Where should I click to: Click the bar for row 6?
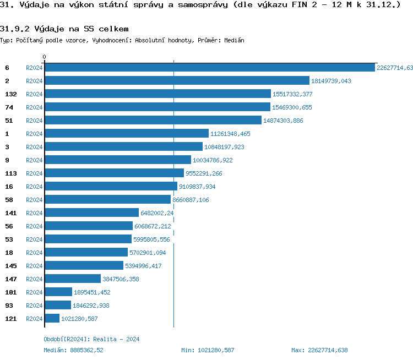click(209, 68)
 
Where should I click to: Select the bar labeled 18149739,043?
click(177, 81)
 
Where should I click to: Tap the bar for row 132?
click(157, 94)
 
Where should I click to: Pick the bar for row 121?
click(52, 318)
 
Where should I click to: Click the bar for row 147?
click(73, 279)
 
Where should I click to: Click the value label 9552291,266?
click(204, 173)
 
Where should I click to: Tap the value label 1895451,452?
click(92, 292)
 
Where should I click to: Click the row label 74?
click(8, 107)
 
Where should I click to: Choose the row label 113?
click(10, 173)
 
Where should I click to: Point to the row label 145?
click(10, 265)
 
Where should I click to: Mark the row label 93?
click(8, 305)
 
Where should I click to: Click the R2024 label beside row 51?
click(34, 121)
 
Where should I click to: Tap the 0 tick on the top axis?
click(45, 57)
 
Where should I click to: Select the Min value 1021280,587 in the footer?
click(208, 350)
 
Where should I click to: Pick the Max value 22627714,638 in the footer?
click(319, 350)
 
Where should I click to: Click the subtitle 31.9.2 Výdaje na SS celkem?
click(64, 29)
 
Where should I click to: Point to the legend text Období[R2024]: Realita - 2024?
click(91, 339)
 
